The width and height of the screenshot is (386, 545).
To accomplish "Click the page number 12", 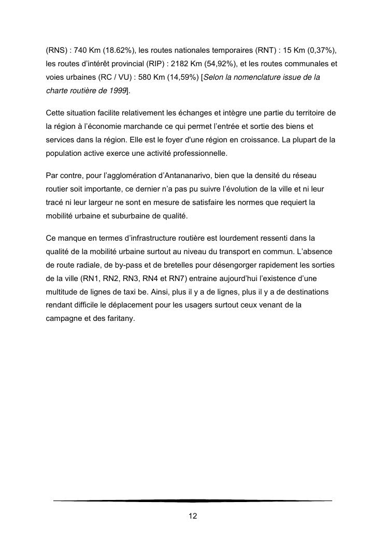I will (193, 516).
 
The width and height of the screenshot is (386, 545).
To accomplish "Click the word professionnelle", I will (199, 154).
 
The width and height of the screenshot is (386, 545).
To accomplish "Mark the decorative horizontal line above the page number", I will (193, 500).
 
